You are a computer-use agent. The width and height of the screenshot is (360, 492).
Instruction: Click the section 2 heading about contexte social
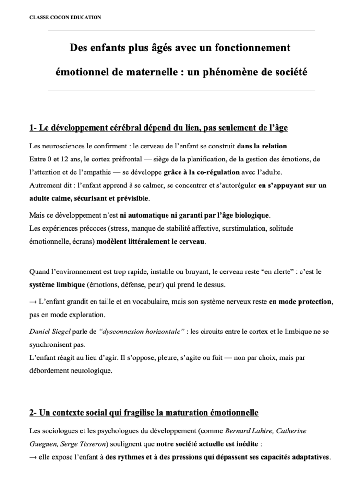coord(144,412)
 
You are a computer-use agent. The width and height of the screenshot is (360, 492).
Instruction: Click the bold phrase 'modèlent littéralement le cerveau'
coord(151,241)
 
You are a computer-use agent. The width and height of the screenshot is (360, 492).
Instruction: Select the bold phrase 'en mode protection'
coord(300,302)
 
